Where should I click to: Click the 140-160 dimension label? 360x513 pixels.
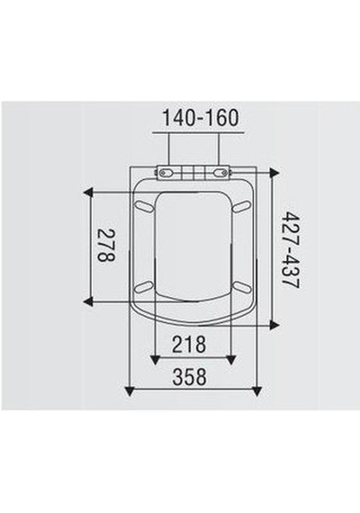coord(201,118)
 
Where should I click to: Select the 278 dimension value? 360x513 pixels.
coord(107,246)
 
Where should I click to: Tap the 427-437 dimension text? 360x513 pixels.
coord(291,249)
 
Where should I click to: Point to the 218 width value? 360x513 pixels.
coord(189,344)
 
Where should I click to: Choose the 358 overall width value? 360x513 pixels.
coord(190,376)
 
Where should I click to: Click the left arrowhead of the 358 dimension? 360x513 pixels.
coord(130,391)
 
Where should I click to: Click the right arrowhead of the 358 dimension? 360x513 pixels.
coord(257,391)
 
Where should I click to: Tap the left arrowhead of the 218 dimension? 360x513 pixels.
coord(155,360)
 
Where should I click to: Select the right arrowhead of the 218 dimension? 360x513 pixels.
coord(231,360)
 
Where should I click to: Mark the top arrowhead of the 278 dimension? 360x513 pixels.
coord(88,193)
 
